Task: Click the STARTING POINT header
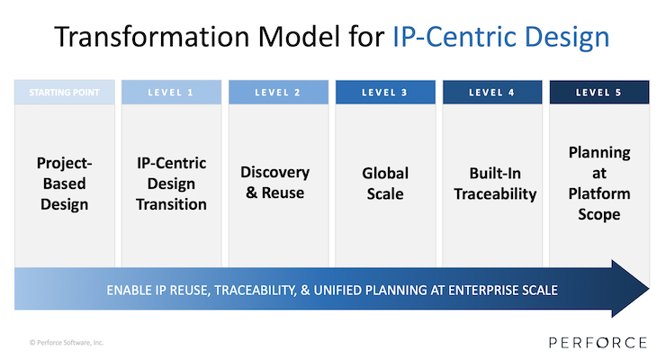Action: pyautogui.click(x=65, y=92)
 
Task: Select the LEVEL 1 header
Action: pyautogui.click(x=171, y=92)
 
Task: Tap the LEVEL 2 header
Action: pyautogui.click(x=278, y=92)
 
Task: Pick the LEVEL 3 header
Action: pyautogui.click(x=385, y=92)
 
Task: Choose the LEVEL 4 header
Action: pyautogui.click(x=492, y=92)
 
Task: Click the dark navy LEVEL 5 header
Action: pyautogui.click(x=599, y=92)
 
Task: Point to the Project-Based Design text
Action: pyautogui.click(x=65, y=184)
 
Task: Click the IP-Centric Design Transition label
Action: pyautogui.click(x=171, y=184)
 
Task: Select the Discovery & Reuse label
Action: pyautogui.click(x=275, y=182)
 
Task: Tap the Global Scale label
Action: pyautogui.click(x=385, y=183)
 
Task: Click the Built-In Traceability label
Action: pyautogui.click(x=495, y=183)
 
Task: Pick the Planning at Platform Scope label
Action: pyautogui.click(x=599, y=183)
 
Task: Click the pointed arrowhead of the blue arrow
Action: pyautogui.click(x=648, y=289)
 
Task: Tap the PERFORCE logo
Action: pyautogui.click(x=598, y=343)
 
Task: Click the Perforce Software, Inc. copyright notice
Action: pyautogui.click(x=67, y=343)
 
